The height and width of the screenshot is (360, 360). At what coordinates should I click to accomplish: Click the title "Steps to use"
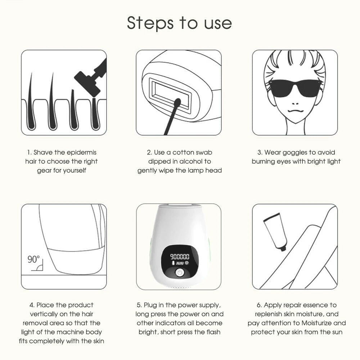[179, 23]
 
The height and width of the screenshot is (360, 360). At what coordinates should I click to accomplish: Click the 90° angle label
[33, 259]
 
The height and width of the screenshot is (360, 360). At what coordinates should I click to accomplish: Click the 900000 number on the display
[180, 257]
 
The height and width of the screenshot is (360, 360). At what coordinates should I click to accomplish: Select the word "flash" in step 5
[212, 332]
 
